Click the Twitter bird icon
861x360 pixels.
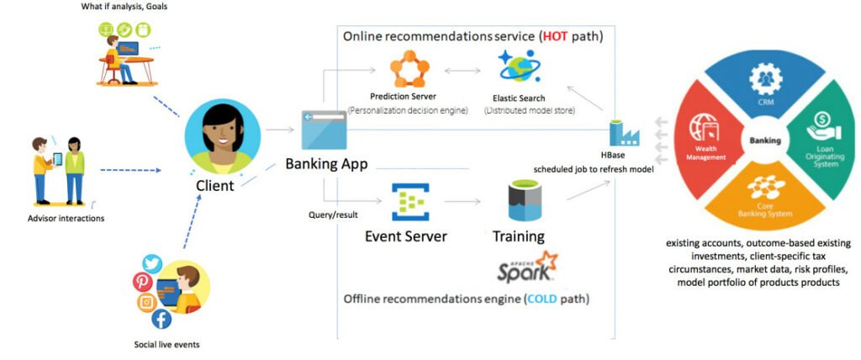tap(152, 264)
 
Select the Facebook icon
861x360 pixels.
tap(161, 319)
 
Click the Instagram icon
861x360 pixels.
tap(146, 302)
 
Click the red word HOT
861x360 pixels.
tap(555, 37)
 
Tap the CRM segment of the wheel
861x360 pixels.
tap(766, 81)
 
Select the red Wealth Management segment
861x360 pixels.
tap(705, 138)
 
